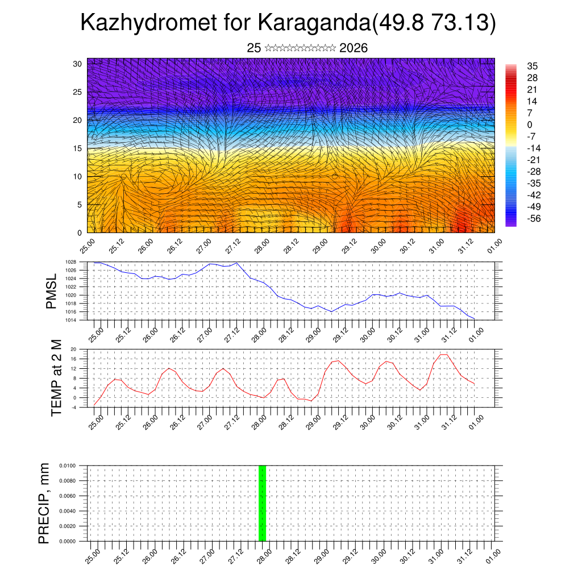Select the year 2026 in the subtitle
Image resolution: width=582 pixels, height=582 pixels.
(354, 48)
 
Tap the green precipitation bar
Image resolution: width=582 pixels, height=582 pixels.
(262, 503)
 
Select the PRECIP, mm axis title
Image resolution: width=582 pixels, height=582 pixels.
(44, 503)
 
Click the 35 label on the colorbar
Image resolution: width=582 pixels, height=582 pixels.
(533, 66)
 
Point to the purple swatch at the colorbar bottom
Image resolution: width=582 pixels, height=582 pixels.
(511, 223)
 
